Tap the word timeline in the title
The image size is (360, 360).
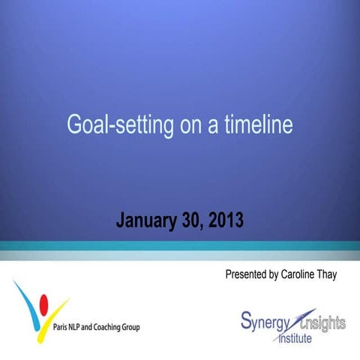tap(257, 124)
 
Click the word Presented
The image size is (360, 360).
tap(246, 274)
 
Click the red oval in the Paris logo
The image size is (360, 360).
tap(43, 303)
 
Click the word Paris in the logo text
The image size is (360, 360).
tap(63, 327)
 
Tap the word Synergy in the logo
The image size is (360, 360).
tap(263, 322)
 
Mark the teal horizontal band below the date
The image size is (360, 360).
tap(180, 245)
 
